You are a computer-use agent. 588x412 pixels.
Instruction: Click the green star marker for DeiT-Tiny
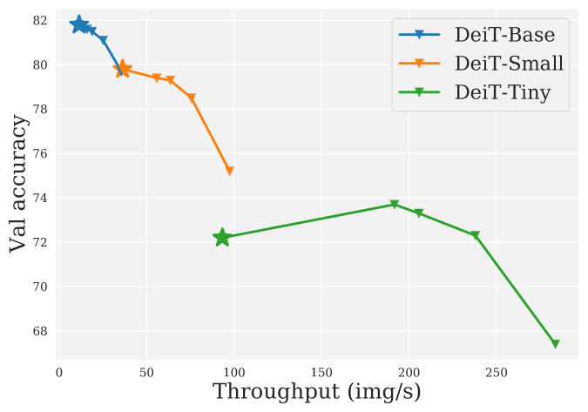(222, 237)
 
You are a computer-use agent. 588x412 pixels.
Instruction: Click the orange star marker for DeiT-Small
(123, 69)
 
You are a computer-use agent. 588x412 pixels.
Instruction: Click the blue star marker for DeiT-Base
(79, 24)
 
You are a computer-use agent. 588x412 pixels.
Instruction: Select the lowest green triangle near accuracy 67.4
(555, 344)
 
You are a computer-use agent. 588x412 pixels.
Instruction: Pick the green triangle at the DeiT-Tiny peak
(395, 205)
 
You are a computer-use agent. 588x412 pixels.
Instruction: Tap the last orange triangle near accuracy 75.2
(230, 171)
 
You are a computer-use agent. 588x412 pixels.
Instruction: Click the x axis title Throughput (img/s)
(317, 393)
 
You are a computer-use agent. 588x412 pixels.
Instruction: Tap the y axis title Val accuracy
(18, 183)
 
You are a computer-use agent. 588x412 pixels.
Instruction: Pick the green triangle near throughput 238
(476, 236)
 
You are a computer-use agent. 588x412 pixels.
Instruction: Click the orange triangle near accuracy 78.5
(192, 98)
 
